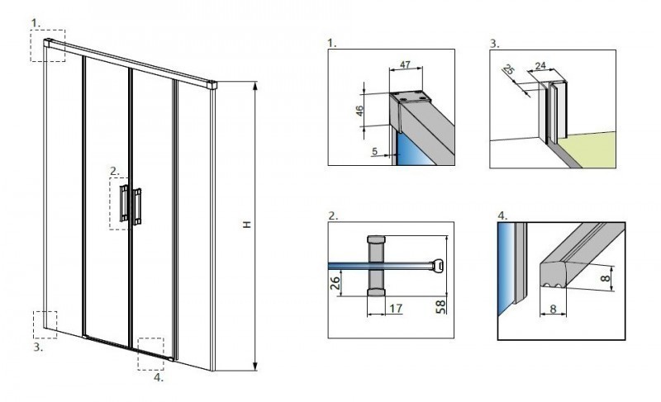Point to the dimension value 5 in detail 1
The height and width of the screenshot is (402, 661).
tap(377, 151)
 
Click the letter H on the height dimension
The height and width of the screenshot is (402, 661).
tap(246, 225)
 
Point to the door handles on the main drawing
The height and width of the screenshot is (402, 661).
tap(131, 204)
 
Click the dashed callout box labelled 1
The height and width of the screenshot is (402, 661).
tap(48, 45)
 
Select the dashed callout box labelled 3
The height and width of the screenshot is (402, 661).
tap(44, 324)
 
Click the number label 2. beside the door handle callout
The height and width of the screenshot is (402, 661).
tap(115, 172)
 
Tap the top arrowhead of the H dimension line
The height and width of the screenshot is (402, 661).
tap(254, 85)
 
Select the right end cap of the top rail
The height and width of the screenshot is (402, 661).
tap(213, 83)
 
